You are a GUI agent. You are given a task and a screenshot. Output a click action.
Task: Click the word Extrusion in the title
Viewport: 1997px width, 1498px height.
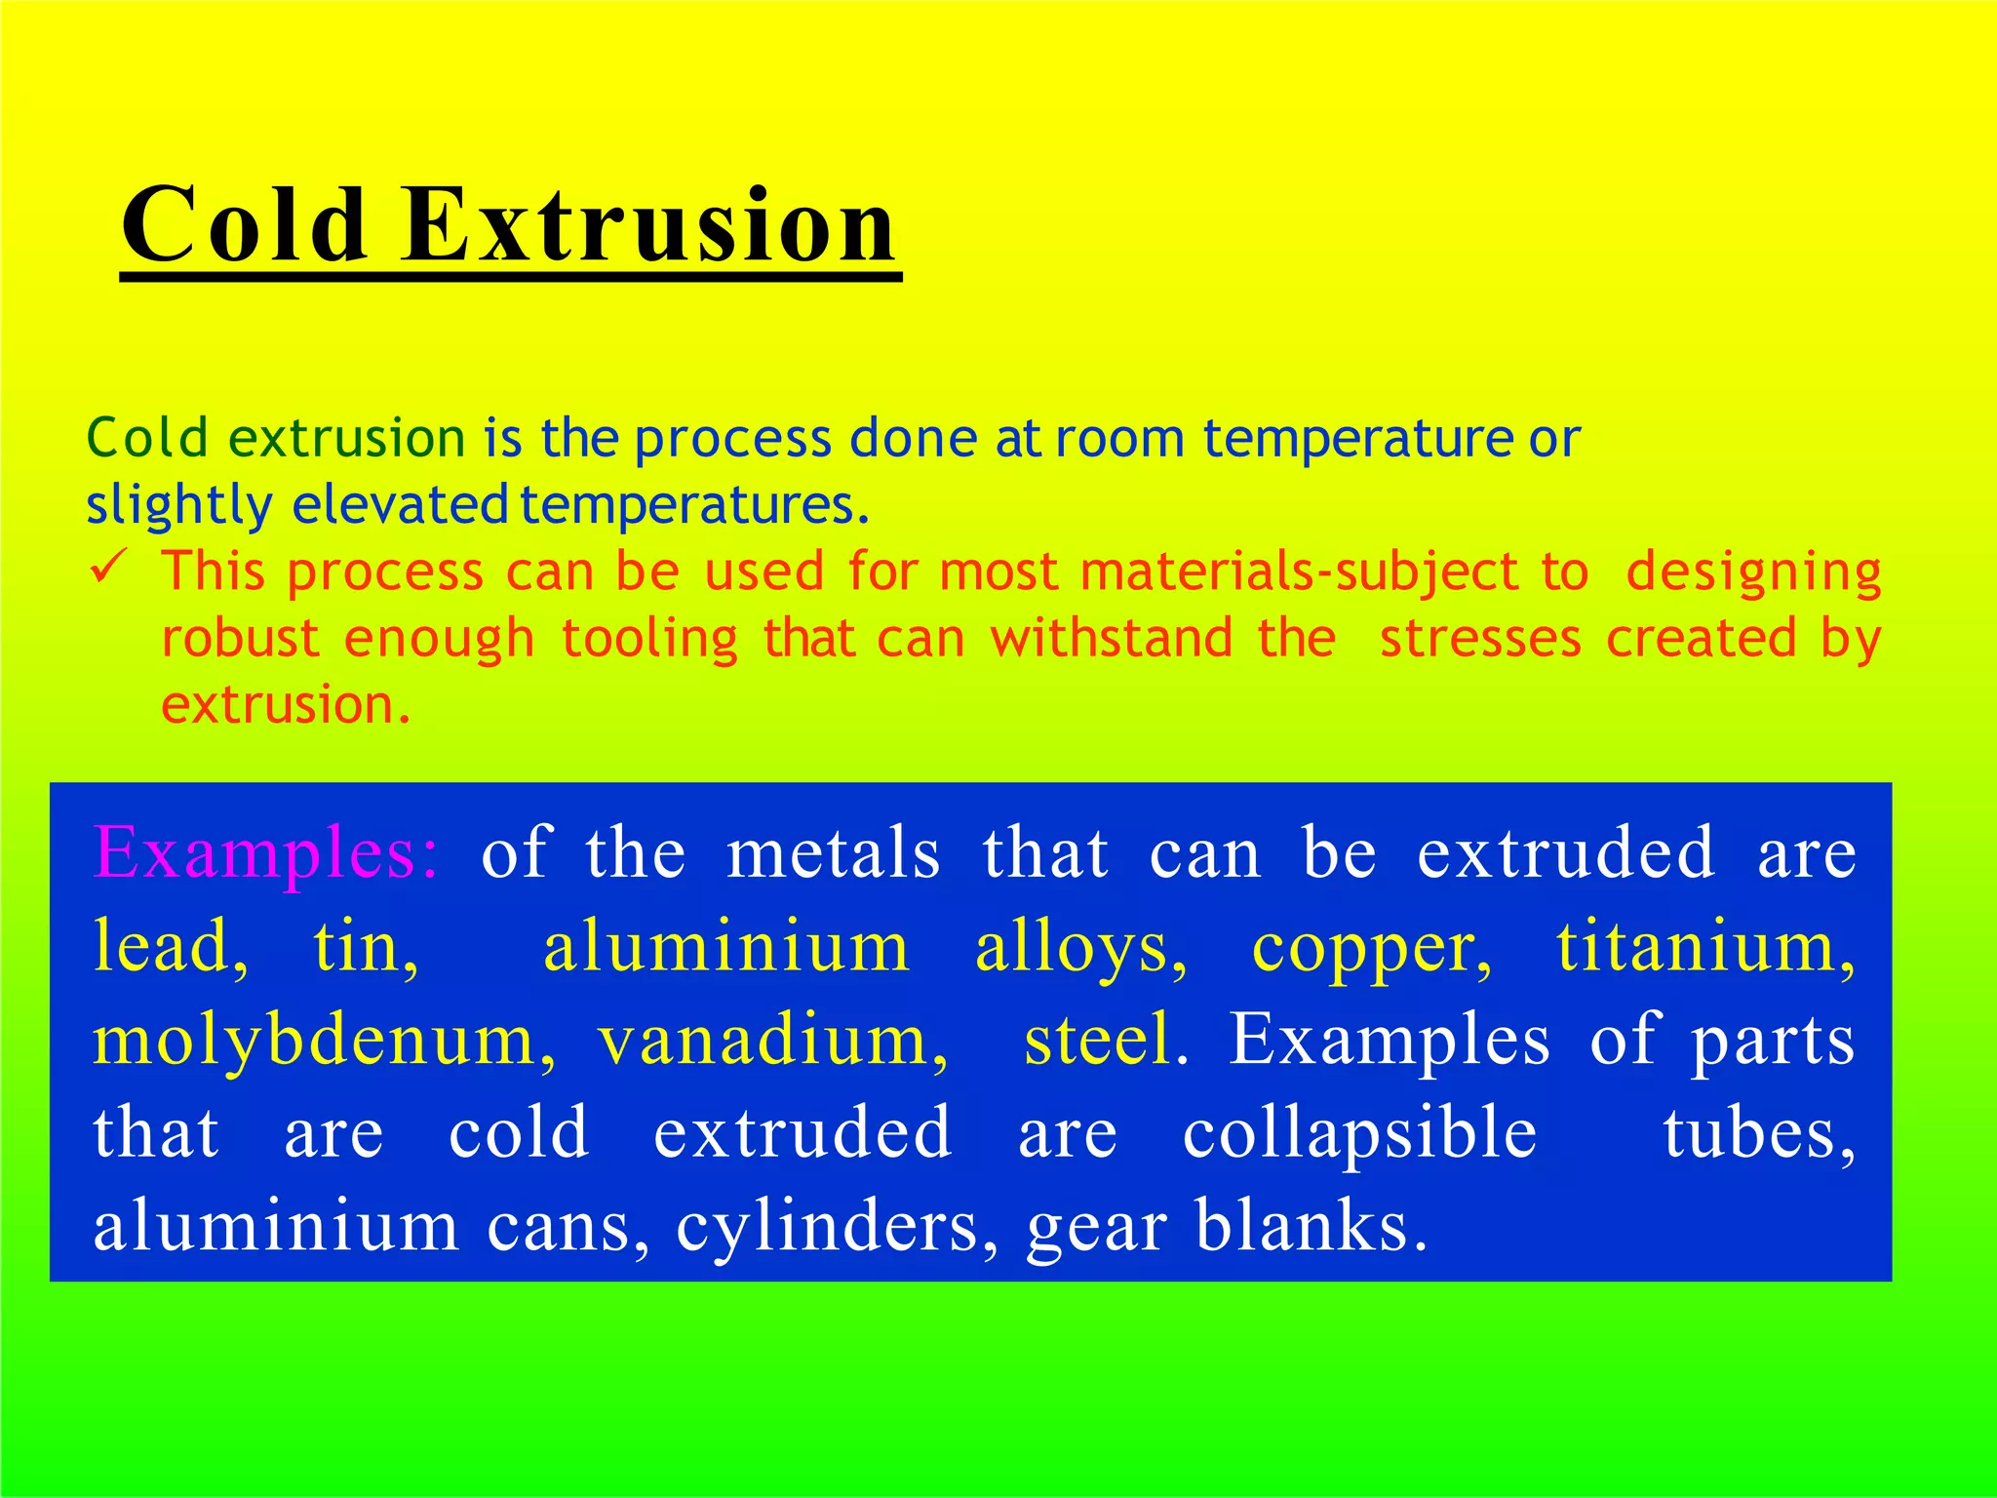[x=648, y=226]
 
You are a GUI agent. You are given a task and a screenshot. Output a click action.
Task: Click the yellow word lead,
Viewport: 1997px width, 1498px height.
[x=171, y=946]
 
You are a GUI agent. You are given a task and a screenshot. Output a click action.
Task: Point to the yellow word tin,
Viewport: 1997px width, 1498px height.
[x=366, y=946]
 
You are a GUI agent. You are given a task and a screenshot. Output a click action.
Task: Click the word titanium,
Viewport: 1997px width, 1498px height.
[x=1705, y=946]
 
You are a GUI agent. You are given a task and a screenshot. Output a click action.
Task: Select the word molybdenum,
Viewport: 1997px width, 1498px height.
[x=325, y=1040]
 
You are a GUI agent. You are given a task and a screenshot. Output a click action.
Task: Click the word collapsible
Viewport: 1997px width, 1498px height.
[x=1360, y=1133]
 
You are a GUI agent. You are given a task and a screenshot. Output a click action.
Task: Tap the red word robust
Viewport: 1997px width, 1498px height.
[x=240, y=638]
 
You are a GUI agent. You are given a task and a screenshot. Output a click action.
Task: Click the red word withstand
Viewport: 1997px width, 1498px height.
[x=1112, y=638]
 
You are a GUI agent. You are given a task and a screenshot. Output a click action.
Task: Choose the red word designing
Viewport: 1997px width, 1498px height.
[x=1753, y=573]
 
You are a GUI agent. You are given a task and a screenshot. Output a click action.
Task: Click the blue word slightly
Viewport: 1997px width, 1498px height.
[x=179, y=507]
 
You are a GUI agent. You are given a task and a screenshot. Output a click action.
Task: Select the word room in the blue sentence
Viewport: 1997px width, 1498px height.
[x=1119, y=439]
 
